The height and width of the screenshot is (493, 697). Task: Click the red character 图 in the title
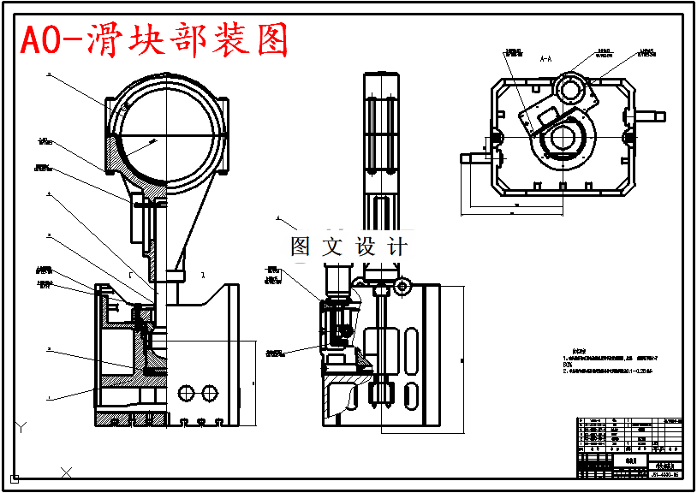[272, 39]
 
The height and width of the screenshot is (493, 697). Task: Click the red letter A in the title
[31, 40]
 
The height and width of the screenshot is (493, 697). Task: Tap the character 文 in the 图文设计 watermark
[331, 246]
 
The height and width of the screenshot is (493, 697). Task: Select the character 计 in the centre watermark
[396, 246]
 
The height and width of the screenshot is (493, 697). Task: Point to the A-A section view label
[545, 60]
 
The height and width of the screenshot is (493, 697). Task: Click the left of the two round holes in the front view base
[184, 392]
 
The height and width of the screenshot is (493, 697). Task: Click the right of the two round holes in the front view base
[208, 392]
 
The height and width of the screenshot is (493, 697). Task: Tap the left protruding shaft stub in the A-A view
[473, 157]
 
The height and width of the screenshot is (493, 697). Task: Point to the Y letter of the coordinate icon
[22, 425]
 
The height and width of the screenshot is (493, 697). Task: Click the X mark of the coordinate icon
[67, 471]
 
